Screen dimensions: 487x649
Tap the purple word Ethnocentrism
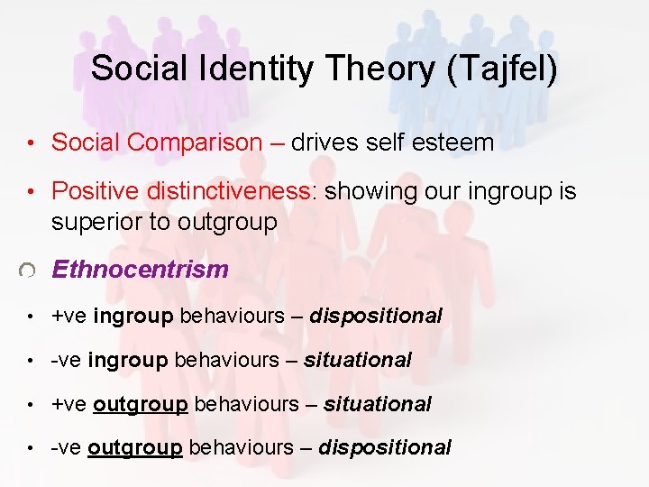141,270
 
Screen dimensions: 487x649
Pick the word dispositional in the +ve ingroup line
376,317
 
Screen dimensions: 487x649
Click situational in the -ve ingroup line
357,361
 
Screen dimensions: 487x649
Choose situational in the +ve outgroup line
377,404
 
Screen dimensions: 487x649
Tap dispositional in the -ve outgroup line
385,447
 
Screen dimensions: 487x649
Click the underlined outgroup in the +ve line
141,404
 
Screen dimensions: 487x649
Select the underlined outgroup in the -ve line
135,447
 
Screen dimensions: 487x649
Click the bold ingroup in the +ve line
134,317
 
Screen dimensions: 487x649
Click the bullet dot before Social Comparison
31,143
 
